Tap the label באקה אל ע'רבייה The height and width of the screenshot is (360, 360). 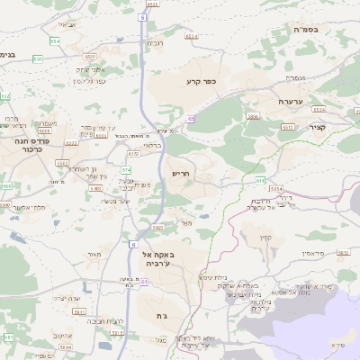161,258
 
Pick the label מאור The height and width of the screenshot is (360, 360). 94,256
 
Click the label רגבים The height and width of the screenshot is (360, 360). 156,44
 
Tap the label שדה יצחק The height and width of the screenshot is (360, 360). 67,298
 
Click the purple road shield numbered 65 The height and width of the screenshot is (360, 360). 191,118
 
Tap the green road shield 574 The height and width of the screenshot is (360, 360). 126,169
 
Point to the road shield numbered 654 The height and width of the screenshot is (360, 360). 54,41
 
